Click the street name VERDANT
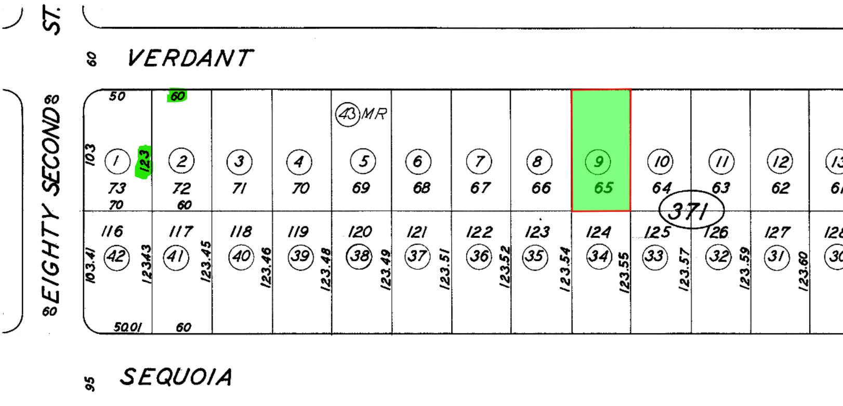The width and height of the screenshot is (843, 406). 190,58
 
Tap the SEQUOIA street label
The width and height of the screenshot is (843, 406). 176,377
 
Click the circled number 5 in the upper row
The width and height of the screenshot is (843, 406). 363,161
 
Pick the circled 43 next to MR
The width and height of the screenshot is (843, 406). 347,114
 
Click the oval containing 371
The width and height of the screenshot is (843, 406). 691,210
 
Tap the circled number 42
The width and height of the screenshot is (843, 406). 116,256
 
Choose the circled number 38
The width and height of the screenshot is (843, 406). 360,256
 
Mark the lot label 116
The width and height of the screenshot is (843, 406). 112,231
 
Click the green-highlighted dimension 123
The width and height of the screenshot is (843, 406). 144,161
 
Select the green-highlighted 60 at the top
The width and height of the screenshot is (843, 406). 177,96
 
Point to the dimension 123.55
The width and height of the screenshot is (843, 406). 624,273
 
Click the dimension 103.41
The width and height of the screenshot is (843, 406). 90,265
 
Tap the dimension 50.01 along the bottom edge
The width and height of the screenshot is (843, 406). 128,327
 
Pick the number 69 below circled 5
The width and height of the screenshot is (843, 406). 361,187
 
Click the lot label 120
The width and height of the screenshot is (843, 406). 360,232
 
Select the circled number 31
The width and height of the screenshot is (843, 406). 776,256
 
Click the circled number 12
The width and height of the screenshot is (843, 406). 780,162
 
